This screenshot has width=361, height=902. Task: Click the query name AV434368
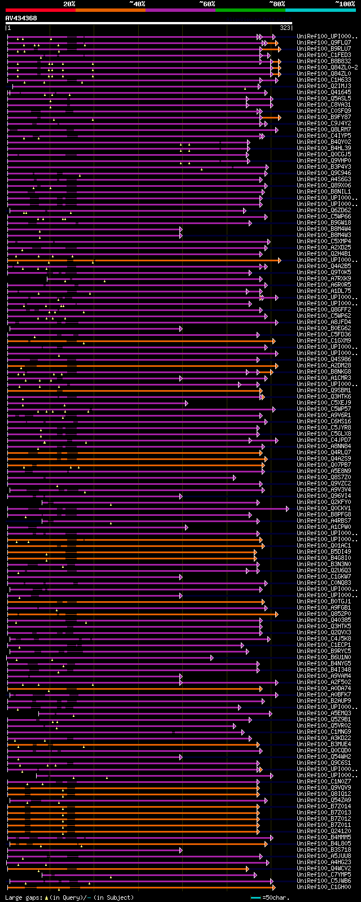coord(21,18)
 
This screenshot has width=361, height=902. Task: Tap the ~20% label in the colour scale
coord(69,4)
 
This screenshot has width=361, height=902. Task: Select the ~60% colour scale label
coord(207,4)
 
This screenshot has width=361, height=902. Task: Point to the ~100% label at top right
coord(345,4)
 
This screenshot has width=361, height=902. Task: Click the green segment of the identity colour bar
coord(250,10)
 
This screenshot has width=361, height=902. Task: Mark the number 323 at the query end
coord(285,27)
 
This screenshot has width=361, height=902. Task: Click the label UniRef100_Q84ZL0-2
coord(327,67)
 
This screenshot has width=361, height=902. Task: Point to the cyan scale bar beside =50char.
coord(256,897)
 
